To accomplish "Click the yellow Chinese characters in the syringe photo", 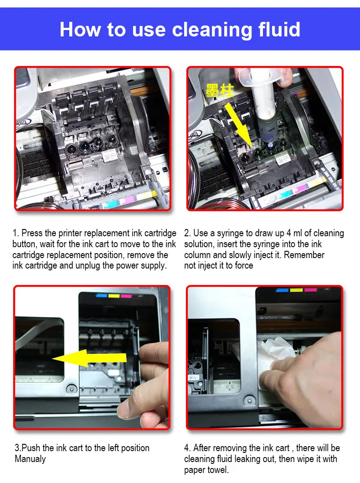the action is [220, 91].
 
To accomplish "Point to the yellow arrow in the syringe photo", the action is [239, 124].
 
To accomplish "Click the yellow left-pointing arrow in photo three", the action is [89, 358].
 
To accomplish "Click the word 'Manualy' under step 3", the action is [30, 459].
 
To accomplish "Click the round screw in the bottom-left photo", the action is [72, 389].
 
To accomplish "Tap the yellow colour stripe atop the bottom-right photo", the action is [296, 290].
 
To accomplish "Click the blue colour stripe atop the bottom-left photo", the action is [102, 296].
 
